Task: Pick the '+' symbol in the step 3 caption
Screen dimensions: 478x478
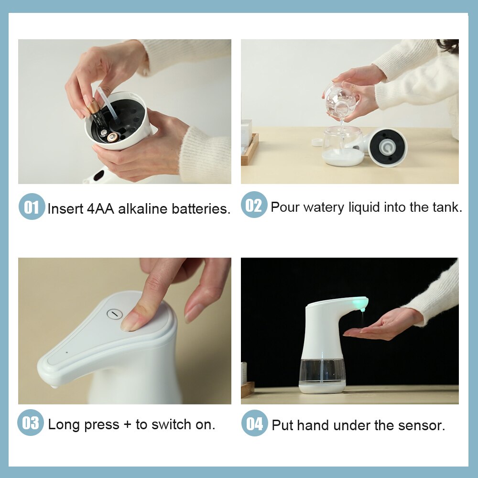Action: [x=127, y=424]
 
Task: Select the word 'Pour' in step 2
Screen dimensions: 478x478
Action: [x=285, y=207]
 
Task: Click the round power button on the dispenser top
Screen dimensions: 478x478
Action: [x=114, y=314]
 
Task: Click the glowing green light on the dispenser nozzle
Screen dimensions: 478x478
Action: [x=359, y=303]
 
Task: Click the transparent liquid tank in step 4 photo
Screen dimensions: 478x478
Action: [x=322, y=371]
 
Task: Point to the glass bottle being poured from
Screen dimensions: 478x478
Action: [x=340, y=98]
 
